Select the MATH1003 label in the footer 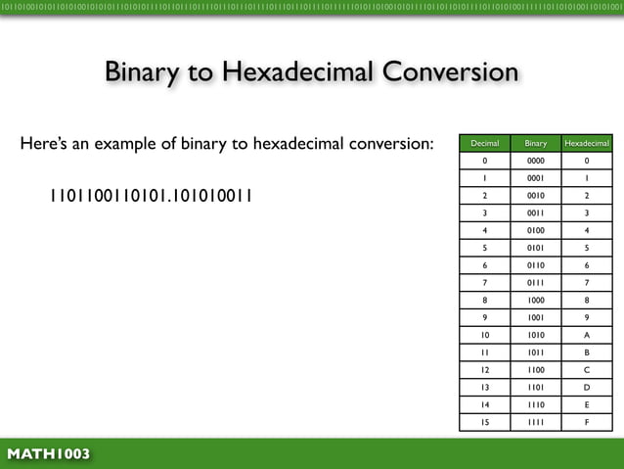click(x=49, y=454)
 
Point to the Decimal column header click(x=485, y=144)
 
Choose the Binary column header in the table click(x=536, y=144)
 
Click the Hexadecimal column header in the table click(x=586, y=144)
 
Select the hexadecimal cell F click(x=586, y=423)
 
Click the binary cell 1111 click(x=536, y=423)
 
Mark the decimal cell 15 click(x=485, y=423)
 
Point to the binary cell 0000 click(x=536, y=162)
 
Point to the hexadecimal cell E click(x=586, y=404)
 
